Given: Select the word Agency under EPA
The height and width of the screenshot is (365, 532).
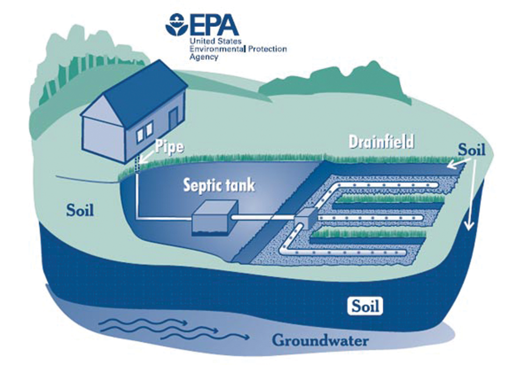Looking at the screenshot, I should pyautogui.click(x=204, y=57).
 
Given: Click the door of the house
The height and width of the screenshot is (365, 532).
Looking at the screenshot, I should pyautogui.click(x=172, y=119).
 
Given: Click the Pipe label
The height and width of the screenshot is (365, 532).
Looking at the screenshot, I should pyautogui.click(x=168, y=147).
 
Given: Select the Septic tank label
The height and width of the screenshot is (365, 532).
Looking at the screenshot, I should pyautogui.click(x=219, y=185).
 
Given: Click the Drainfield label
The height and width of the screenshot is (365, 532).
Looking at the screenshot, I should pyautogui.click(x=381, y=141).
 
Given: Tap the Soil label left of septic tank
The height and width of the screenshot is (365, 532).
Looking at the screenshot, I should pyautogui.click(x=81, y=211).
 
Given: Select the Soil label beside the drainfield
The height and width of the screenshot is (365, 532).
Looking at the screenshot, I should pyautogui.click(x=471, y=150).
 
